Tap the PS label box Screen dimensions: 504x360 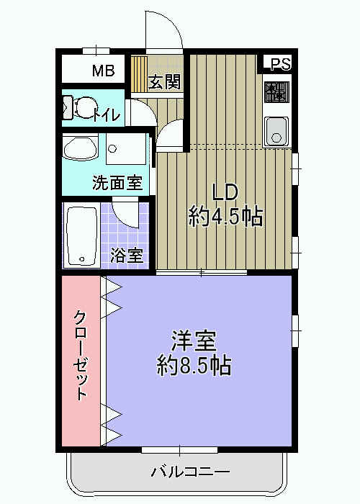pos(281,64)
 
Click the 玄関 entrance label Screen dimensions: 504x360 pos(164,81)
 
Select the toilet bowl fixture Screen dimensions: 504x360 pos(81,109)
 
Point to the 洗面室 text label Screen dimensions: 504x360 pos(117,183)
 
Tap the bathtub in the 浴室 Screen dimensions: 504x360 pos(83,236)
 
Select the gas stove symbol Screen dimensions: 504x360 pos(276,92)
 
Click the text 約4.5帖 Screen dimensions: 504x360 pos(225,215)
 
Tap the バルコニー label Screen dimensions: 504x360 pos(190,472)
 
